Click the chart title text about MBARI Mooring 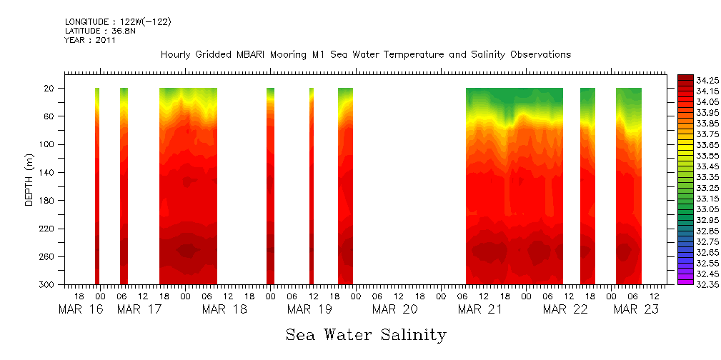click(x=365, y=55)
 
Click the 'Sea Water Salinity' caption click(x=366, y=335)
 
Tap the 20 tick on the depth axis click(x=51, y=89)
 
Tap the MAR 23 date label click(x=636, y=309)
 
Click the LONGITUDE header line click(x=117, y=22)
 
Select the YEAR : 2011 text click(x=90, y=41)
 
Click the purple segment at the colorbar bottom click(x=685, y=281)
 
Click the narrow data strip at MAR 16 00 click(x=97, y=186)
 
